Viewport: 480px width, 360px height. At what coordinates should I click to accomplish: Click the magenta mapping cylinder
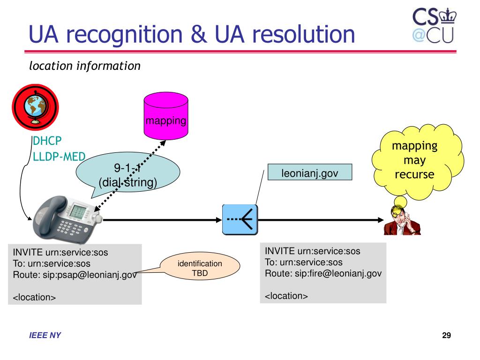(166, 116)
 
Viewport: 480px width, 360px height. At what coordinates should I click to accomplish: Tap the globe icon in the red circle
(35, 107)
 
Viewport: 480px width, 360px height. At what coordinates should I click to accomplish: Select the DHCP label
(47, 141)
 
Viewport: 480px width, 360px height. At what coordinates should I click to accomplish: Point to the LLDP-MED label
(59, 157)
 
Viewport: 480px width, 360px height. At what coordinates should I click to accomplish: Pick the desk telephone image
(67, 218)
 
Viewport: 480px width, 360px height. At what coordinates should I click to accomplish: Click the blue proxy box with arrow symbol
(240, 219)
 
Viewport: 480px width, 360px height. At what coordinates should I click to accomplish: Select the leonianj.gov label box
(310, 172)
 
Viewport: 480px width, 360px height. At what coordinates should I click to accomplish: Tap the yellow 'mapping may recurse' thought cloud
(418, 161)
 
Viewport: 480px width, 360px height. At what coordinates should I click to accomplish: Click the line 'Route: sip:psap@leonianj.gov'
(75, 275)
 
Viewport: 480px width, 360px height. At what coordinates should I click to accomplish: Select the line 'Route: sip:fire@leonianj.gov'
(323, 273)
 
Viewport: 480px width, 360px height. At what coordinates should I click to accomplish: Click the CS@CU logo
(434, 26)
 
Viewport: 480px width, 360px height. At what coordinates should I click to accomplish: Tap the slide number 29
(446, 336)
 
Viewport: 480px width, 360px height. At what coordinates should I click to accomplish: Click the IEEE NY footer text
(45, 336)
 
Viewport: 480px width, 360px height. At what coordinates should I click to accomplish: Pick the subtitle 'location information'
(85, 66)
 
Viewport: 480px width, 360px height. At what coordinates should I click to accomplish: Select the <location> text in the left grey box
(34, 297)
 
